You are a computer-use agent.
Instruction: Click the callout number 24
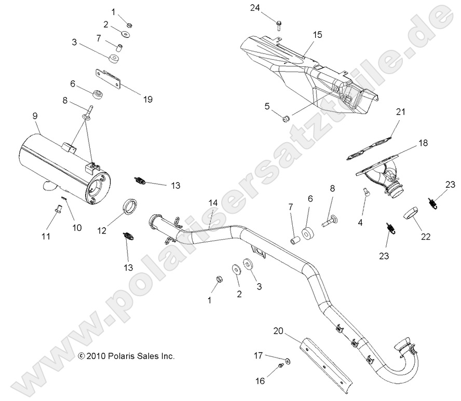point(268,8)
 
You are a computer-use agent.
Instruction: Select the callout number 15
point(317,35)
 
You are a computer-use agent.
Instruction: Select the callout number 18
point(423,143)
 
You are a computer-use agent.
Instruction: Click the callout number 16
point(260,381)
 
